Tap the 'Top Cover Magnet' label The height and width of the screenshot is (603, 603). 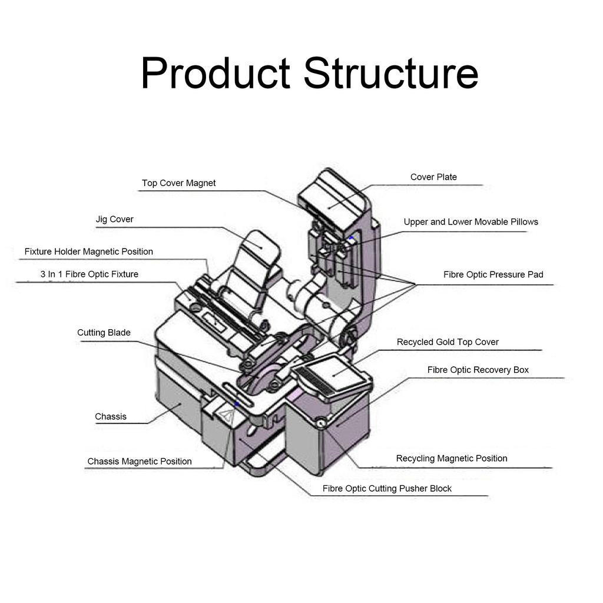(x=178, y=183)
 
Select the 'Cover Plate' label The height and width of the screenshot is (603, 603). (x=433, y=177)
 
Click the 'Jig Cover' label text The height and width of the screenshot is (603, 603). (x=115, y=220)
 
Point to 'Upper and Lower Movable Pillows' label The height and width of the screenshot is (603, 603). (x=471, y=222)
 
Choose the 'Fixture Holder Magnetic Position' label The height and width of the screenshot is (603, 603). (x=89, y=252)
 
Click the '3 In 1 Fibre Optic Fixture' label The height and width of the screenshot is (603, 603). (x=90, y=274)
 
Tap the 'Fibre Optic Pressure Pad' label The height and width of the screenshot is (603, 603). (x=493, y=275)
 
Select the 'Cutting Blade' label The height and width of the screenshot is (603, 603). (x=104, y=333)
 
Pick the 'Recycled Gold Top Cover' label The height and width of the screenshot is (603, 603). (x=448, y=342)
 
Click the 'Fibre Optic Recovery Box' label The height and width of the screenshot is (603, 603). (x=478, y=370)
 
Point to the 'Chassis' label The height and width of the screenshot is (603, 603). (x=111, y=417)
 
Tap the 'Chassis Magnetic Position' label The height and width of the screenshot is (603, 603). (x=140, y=462)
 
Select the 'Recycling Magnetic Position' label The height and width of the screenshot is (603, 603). (x=452, y=459)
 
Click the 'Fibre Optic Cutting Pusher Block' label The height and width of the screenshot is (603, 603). (x=387, y=489)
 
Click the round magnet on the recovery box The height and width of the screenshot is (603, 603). (x=321, y=422)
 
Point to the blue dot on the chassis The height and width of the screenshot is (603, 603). (x=236, y=403)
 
